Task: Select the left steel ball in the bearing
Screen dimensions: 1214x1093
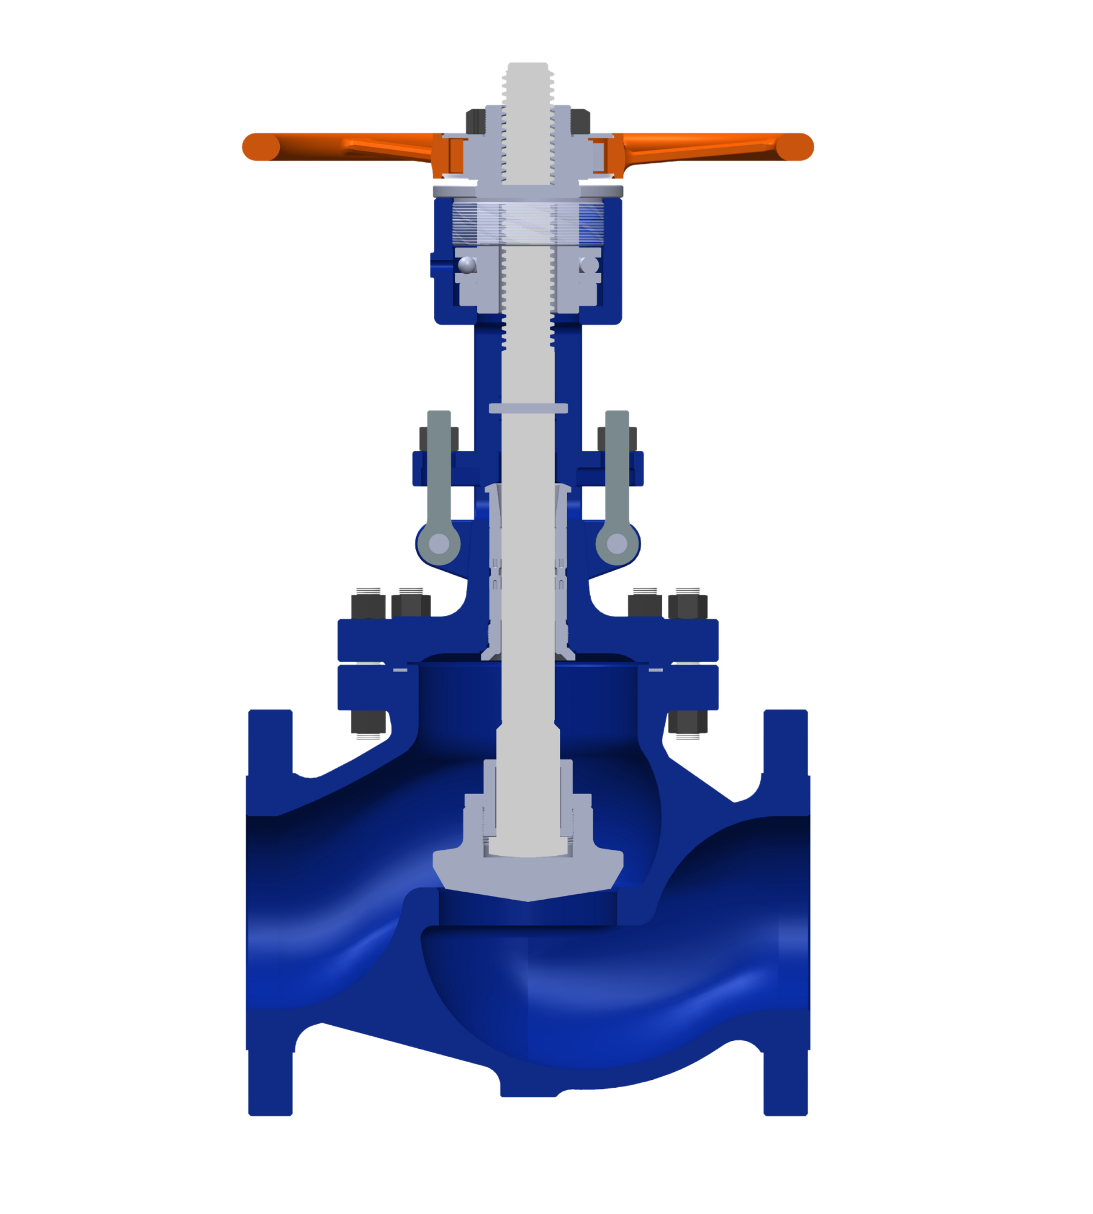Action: pos(467,265)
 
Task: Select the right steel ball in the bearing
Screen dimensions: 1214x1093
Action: pos(588,265)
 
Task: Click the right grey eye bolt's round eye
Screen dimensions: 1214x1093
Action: pos(617,543)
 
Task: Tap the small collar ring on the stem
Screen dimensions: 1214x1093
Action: pos(528,409)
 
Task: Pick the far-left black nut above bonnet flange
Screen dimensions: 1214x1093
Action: pos(368,605)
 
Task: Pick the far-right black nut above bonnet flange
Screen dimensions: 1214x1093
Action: pos(687,605)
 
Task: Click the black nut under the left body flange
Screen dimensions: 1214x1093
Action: pos(368,722)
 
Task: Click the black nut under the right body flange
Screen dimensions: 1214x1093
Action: pos(687,722)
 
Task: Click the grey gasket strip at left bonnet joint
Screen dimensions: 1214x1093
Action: pos(400,670)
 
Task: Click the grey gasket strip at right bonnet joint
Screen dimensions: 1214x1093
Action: pos(656,670)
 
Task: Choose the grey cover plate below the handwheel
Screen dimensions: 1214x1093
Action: pos(528,191)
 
